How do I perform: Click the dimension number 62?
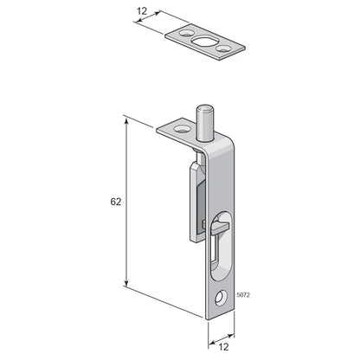coord(116,202)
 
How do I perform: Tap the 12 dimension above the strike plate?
coord(142,11)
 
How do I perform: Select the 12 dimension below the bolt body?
coord(223,347)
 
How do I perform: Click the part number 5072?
coord(243,295)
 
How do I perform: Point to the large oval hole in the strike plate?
coord(203,42)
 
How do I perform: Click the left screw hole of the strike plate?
coord(185,33)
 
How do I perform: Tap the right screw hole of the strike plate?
coord(222,48)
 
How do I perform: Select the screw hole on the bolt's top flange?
coord(182,129)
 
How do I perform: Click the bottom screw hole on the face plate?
coord(222,299)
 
